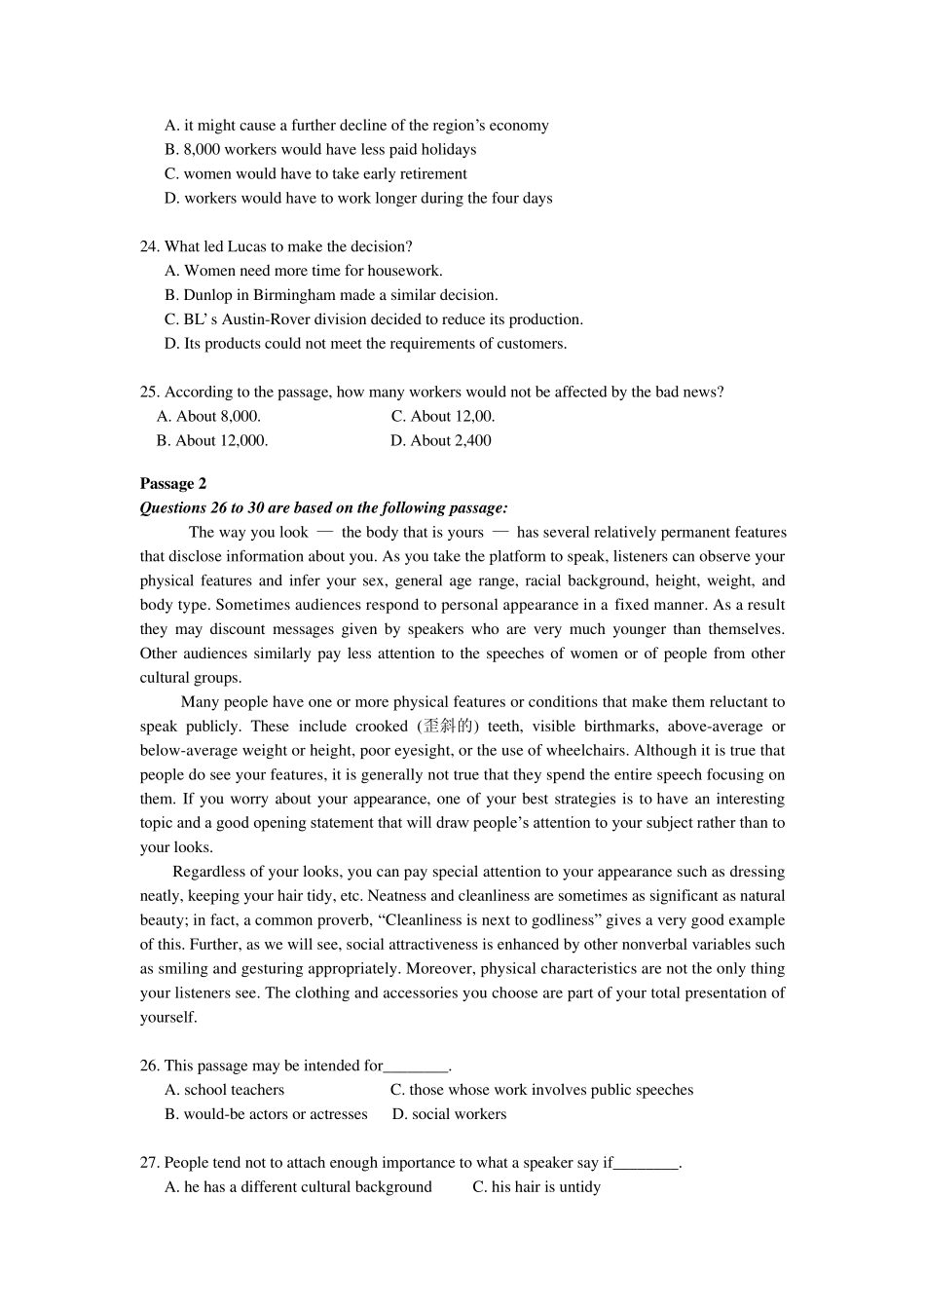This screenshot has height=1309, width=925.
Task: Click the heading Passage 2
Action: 172,483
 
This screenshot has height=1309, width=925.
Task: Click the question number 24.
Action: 149,246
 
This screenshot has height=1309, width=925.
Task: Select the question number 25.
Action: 149,392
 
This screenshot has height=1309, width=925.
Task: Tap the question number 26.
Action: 149,1066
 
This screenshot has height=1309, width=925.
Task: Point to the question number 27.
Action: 149,1162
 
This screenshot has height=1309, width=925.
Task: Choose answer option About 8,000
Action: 208,416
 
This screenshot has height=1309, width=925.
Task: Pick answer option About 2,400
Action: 441,440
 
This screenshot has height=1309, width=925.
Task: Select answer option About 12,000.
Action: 212,440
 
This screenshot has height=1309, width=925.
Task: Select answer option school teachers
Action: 225,1090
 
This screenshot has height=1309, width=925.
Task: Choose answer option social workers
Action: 449,1114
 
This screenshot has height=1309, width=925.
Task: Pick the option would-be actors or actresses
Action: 266,1114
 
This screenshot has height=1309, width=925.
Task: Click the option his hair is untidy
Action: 536,1186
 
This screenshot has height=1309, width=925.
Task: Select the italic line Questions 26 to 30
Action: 323,507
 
